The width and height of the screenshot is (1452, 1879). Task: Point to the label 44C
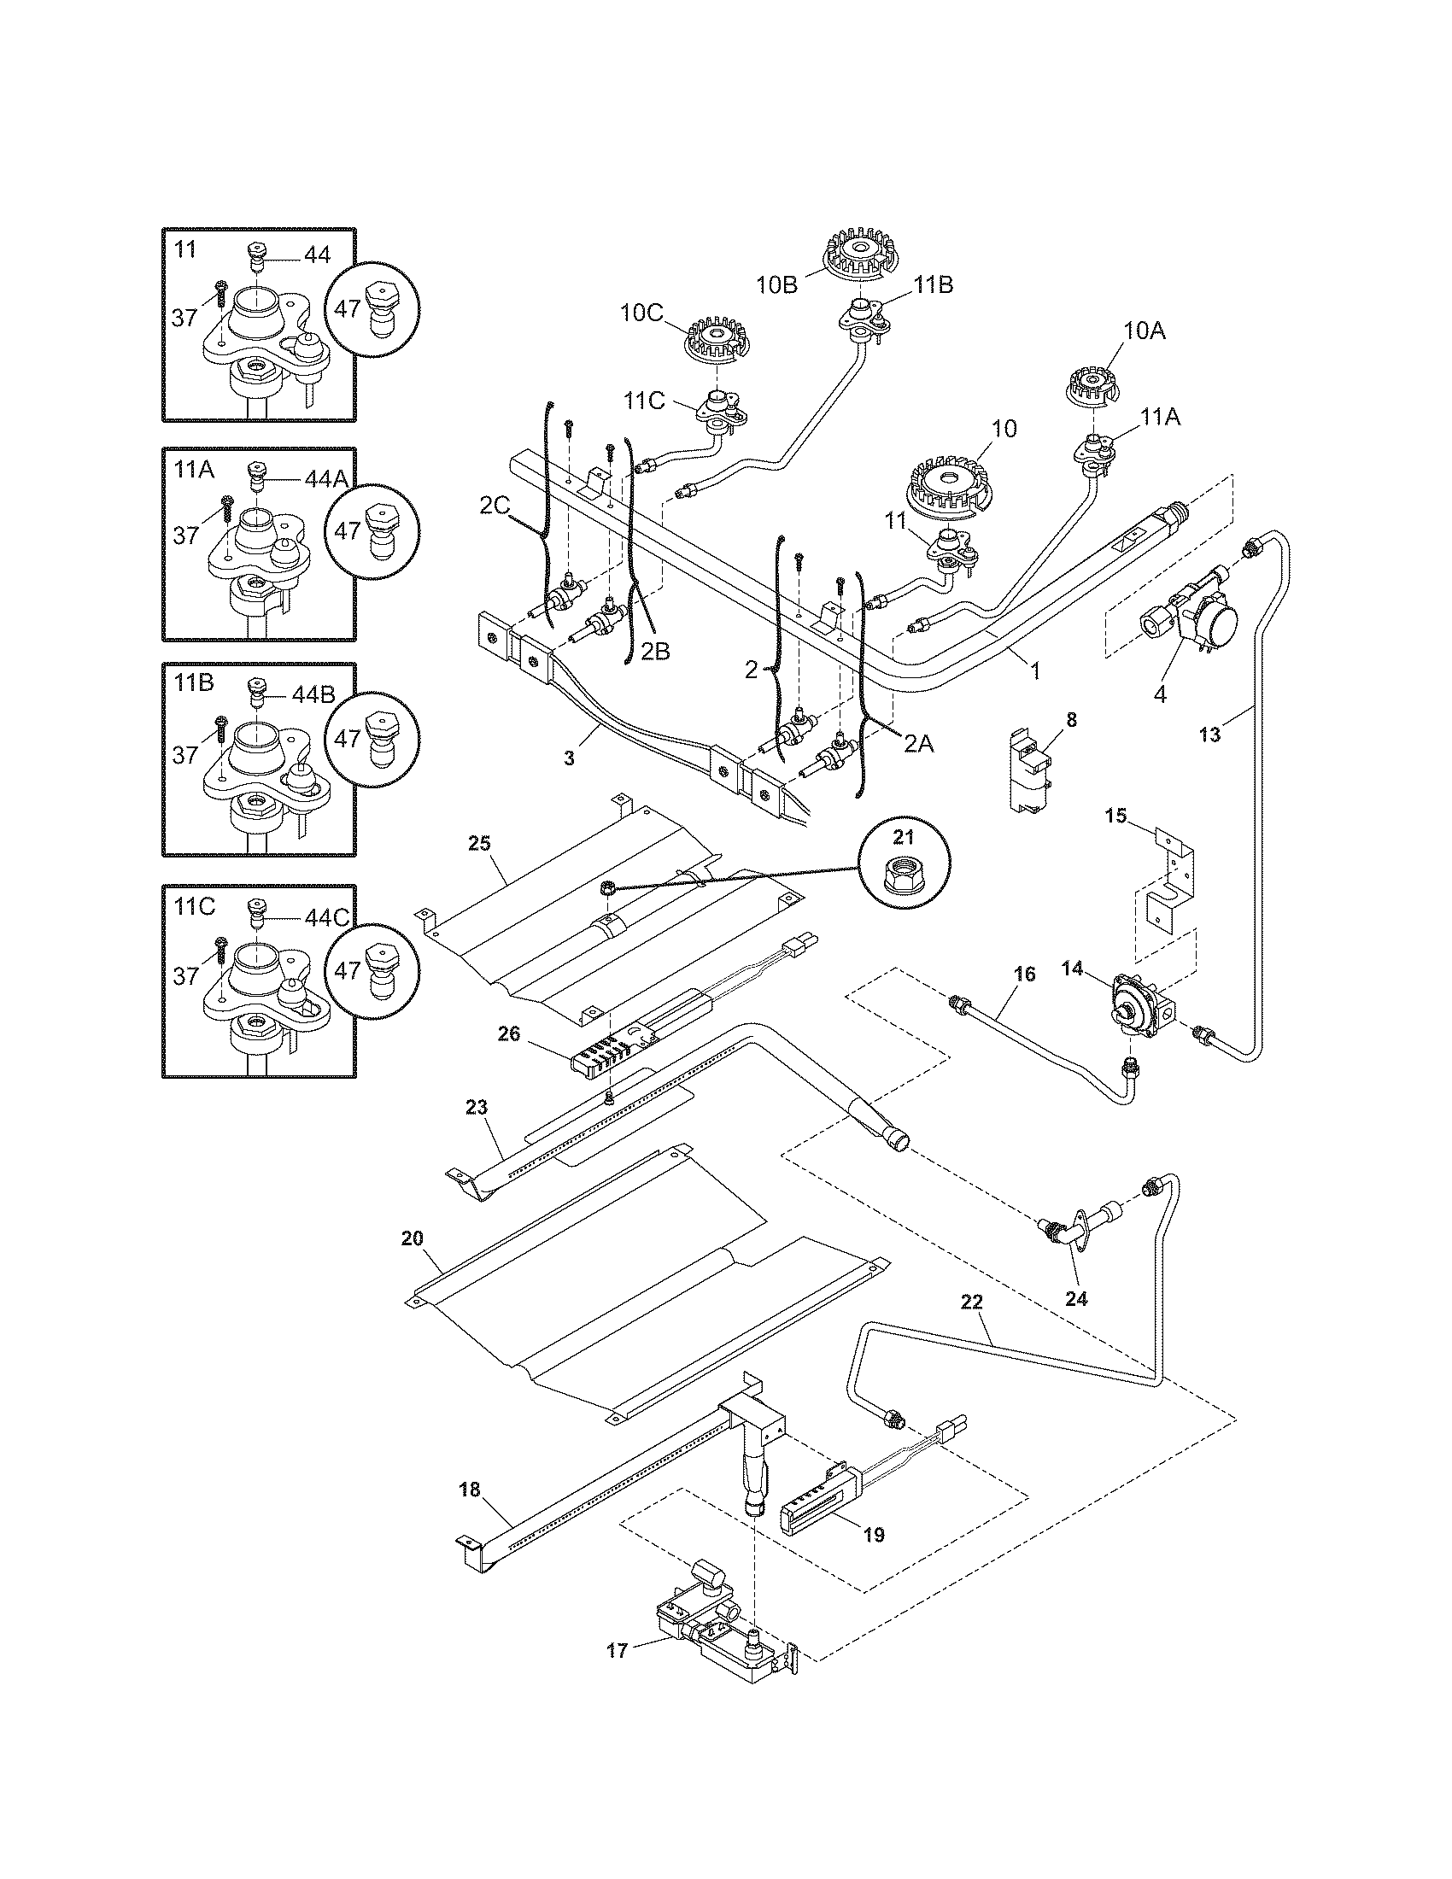[327, 917]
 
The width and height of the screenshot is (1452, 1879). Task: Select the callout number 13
[1209, 735]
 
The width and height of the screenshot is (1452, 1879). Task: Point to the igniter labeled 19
[823, 1507]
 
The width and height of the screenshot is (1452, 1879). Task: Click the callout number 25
[479, 842]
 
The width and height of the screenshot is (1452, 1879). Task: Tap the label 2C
[495, 506]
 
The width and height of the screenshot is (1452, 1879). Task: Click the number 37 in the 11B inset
[186, 754]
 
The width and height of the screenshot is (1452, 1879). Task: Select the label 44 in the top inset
[318, 255]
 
